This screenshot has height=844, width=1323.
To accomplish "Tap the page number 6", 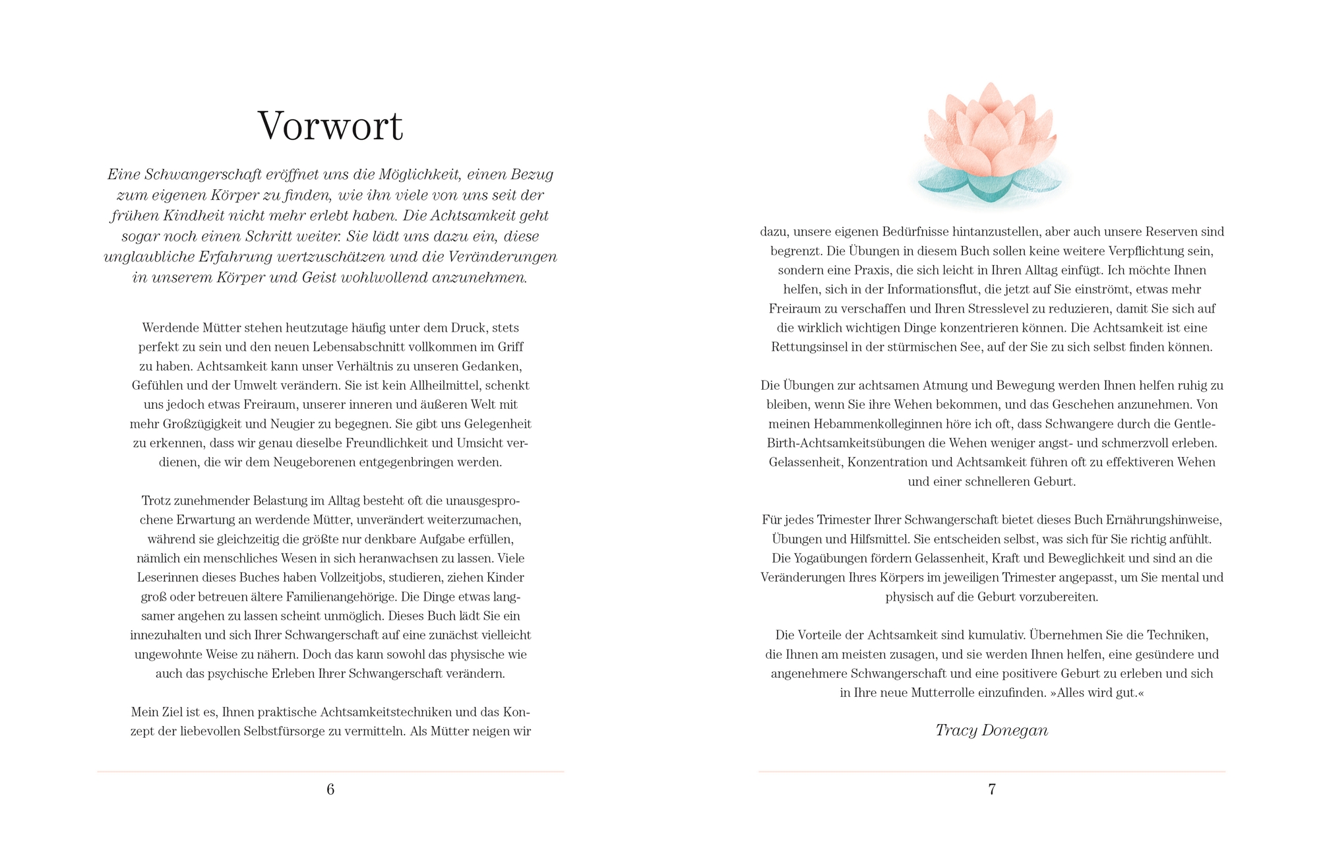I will click(330, 789).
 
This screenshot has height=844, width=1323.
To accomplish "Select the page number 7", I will click(991, 789).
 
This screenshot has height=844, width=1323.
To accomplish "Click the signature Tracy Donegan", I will click(991, 730).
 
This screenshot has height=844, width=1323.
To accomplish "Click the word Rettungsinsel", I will click(809, 347).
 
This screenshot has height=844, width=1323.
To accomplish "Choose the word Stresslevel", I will click(1003, 309).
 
